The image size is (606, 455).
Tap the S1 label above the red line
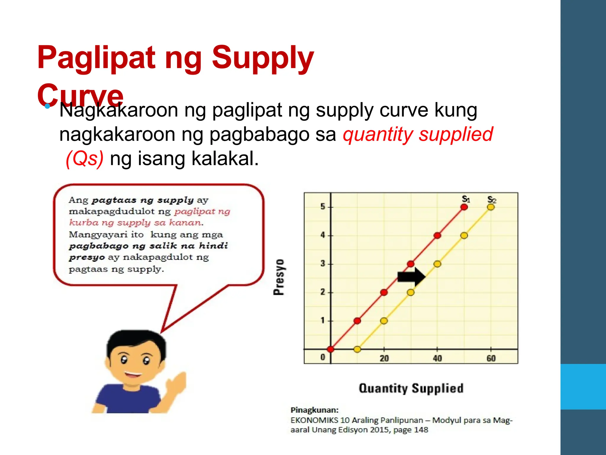point(466,199)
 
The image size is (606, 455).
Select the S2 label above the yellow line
point(492,199)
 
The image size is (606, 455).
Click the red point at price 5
point(464,207)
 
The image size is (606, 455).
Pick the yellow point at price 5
point(491,207)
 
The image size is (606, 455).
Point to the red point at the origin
point(331,349)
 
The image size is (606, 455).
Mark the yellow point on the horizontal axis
point(357,349)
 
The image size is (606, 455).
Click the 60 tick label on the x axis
point(491,358)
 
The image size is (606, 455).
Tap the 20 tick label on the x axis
point(384,358)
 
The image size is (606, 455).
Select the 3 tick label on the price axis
point(323,264)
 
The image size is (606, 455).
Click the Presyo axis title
point(279,277)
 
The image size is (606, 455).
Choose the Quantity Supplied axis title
point(411,388)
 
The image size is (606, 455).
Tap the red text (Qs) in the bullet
point(85,158)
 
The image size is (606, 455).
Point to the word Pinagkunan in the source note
point(315,410)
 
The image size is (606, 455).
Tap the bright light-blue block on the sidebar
point(583,387)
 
